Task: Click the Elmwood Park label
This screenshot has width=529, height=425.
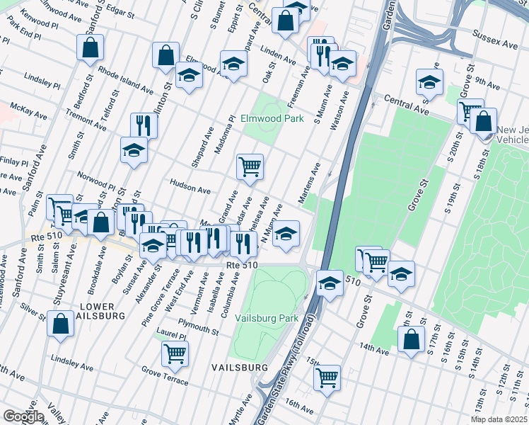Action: click(272, 118)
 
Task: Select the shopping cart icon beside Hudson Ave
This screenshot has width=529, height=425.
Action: click(250, 167)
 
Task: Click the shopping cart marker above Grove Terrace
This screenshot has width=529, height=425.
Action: click(175, 352)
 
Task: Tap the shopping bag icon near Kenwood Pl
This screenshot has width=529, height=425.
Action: click(91, 47)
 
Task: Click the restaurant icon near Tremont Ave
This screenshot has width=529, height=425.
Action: click(144, 125)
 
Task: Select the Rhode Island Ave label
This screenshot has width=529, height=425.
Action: click(126, 81)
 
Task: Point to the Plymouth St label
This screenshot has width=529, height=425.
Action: click(199, 329)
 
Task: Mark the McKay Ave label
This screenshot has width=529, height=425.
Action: click(29, 113)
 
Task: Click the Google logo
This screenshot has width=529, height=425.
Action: click(23, 416)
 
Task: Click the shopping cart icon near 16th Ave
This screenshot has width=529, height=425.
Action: click(327, 378)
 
